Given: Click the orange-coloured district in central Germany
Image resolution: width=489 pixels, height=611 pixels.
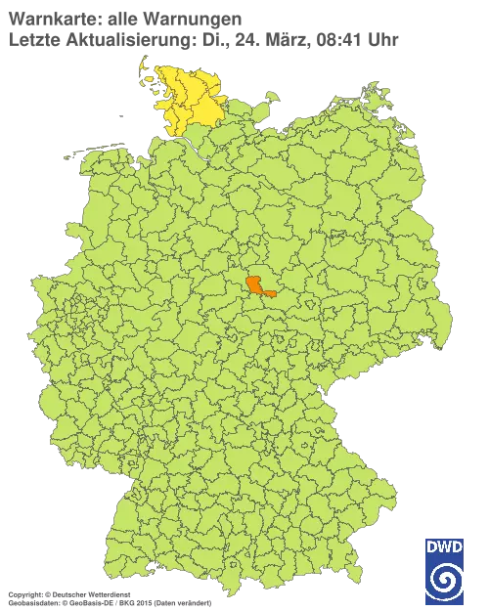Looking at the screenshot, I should [256, 284].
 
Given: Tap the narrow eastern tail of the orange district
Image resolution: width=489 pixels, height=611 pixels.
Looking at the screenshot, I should [271, 292].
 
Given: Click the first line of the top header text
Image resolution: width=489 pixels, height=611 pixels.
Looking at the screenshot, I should [127, 19].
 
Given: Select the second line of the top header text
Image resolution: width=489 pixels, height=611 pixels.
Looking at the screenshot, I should [196, 39].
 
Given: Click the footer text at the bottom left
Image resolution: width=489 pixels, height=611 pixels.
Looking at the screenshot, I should [108, 593].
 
